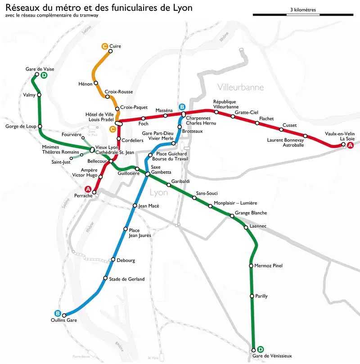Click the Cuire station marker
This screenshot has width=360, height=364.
[x=110, y=51]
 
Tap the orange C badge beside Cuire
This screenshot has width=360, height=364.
[x=104, y=46]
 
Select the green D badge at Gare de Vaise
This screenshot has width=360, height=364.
[x=44, y=75]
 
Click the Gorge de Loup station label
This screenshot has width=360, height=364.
[x=20, y=127]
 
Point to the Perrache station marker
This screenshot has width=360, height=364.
[x=94, y=193]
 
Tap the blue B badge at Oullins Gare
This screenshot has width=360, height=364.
[x=58, y=313]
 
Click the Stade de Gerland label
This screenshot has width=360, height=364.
[x=127, y=279]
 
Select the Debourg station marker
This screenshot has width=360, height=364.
[x=112, y=259]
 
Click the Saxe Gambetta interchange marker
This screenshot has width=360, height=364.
[x=147, y=174]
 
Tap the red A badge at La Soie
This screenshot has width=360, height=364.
[x=351, y=145]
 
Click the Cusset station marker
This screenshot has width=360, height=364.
[x=281, y=129]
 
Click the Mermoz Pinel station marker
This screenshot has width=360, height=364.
[x=251, y=266]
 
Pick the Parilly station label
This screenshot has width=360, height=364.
[x=261, y=296]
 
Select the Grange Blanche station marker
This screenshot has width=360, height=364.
[x=232, y=216]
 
